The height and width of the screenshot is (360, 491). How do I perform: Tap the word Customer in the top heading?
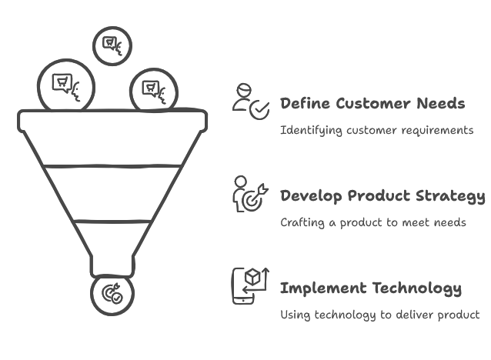373,103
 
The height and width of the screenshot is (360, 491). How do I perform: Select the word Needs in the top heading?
441,103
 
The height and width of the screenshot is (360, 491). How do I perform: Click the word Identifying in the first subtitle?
311,131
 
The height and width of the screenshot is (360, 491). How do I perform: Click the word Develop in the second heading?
311,196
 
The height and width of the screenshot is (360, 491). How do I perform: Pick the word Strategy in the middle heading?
450,196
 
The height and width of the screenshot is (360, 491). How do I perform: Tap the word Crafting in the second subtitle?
302,222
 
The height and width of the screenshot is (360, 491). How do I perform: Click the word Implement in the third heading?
323,288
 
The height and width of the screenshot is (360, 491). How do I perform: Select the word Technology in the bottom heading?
417,288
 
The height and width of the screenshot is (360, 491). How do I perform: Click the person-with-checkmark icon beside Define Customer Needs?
251,102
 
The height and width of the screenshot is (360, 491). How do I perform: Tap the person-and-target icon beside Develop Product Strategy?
250,194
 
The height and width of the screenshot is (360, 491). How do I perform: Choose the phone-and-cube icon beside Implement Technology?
250,286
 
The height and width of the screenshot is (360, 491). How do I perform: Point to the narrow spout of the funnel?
112,266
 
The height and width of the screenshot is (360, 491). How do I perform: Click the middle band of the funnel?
112,193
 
